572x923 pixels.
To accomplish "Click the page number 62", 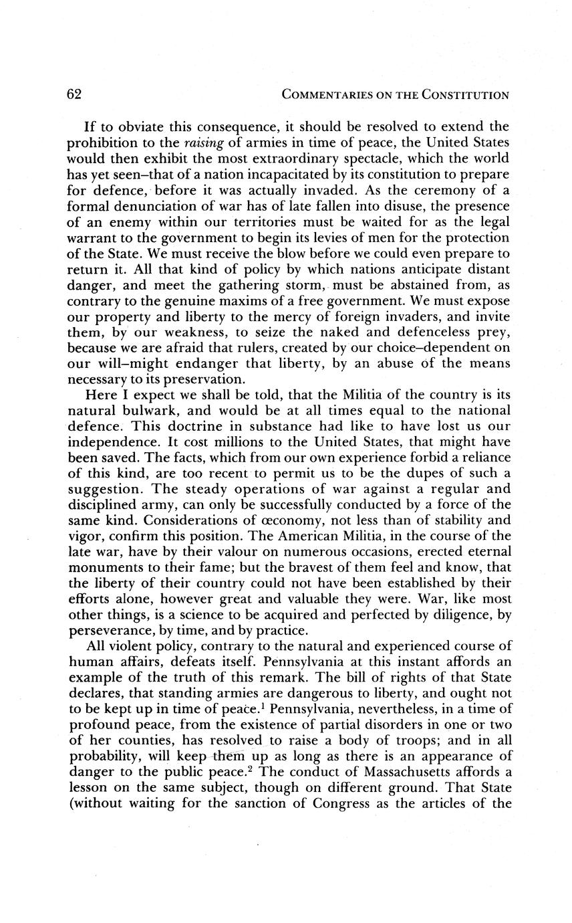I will click(x=74, y=94).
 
